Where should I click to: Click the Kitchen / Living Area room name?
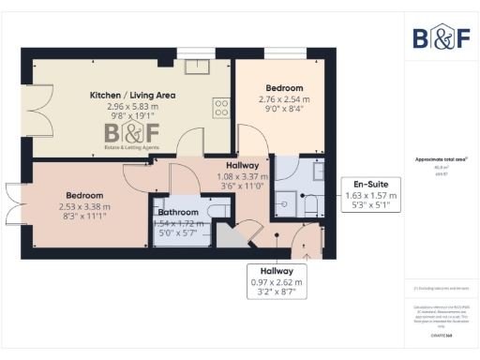[131, 96]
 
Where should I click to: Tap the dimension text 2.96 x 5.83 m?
[131, 107]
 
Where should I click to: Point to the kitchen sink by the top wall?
[198, 67]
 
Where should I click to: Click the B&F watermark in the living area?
[131, 137]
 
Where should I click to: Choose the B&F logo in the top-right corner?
[442, 37]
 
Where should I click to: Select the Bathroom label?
[176, 213]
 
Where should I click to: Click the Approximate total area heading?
[441, 159]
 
